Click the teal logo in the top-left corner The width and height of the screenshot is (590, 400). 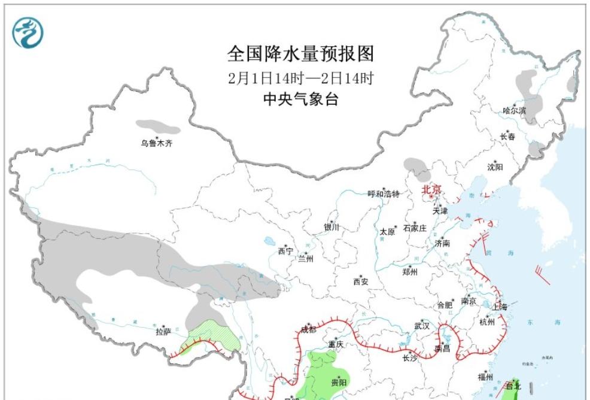point(28,32)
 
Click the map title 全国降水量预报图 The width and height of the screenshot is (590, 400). point(300,54)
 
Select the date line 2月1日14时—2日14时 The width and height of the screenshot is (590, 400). point(300,78)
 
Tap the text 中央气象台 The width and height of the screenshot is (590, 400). point(300,99)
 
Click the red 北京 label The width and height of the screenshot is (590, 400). point(431,190)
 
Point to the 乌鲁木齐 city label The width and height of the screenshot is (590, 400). point(156,143)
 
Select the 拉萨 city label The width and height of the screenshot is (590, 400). point(163,331)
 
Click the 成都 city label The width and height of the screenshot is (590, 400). point(308,329)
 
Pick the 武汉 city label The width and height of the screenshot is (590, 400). point(421,326)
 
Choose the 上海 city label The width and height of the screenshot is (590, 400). point(500,307)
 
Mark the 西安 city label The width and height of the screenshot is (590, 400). point(360,281)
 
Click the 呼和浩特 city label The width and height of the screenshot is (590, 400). point(383,194)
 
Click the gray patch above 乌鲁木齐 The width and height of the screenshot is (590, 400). point(157,127)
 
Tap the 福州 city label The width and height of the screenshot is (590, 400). point(485,377)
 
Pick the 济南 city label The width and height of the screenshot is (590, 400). point(442,244)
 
